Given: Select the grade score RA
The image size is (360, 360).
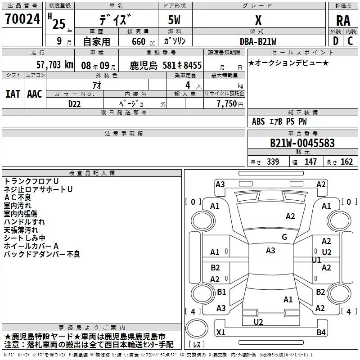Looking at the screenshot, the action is click(x=343, y=21).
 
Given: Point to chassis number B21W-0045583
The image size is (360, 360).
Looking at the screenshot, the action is click(x=302, y=143).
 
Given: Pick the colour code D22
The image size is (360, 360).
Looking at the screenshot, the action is click(x=75, y=103).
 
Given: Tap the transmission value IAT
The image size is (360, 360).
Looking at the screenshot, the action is click(x=13, y=94).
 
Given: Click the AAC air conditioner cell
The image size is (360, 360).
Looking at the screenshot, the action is click(x=35, y=94).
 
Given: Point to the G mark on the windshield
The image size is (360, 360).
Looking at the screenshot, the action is click(x=284, y=237).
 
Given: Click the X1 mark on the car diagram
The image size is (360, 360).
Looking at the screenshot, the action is click(x=221, y=333).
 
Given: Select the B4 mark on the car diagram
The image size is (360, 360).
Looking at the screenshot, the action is click(x=320, y=333).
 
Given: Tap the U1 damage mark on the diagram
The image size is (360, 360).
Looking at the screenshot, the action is click(x=316, y=260).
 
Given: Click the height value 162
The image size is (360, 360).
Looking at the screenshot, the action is click(x=347, y=162).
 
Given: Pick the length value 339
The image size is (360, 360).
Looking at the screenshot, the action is click(x=273, y=162).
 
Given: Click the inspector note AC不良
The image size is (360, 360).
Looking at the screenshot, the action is click(x=18, y=198).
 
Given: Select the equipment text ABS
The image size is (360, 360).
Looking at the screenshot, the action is click(x=258, y=121).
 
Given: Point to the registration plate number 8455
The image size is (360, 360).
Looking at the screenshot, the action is click(x=192, y=66).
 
